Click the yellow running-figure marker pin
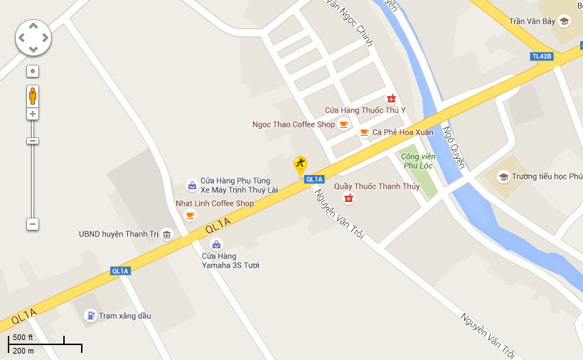(301, 164)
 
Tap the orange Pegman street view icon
(33, 95)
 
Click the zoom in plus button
(33, 114)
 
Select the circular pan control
(33, 37)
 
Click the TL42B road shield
(542, 56)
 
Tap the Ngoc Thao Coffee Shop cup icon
(344, 125)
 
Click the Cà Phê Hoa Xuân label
(402, 132)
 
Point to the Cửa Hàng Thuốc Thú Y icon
(390, 98)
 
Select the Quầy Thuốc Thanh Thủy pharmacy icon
(348, 198)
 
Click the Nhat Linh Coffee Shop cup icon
(190, 215)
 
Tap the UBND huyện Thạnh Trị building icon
(166, 234)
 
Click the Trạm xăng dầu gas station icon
(90, 315)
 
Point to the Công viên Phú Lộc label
(417, 161)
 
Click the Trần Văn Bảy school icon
(564, 21)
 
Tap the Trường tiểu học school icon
(503, 176)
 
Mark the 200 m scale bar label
(23, 351)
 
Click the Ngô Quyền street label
(453, 147)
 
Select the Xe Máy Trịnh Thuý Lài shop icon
(191, 185)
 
